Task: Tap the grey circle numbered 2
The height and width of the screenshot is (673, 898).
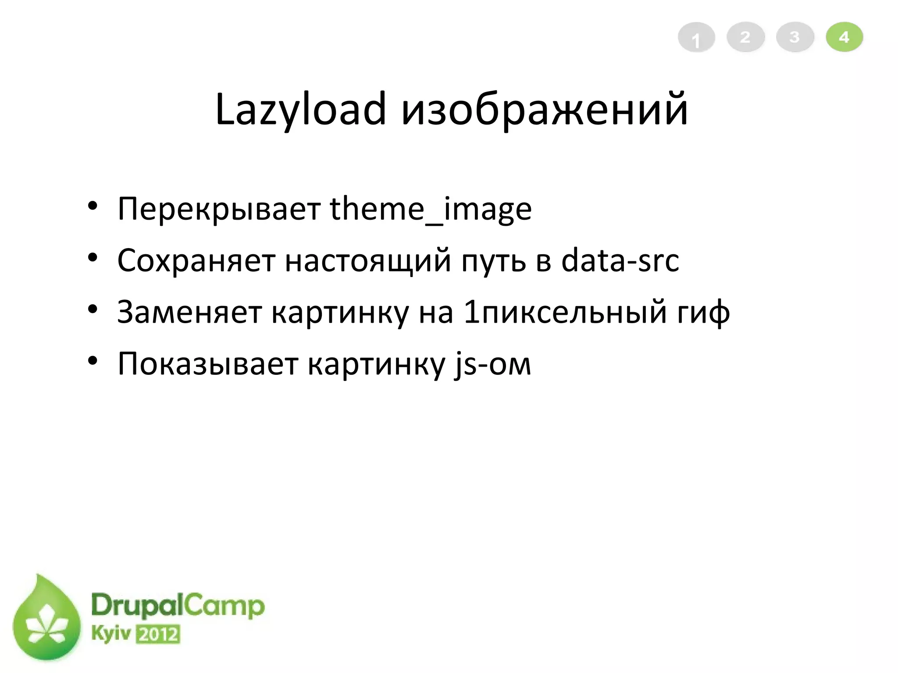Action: (745, 37)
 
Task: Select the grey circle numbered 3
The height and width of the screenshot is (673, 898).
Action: (795, 37)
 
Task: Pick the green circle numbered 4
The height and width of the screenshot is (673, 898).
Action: (845, 37)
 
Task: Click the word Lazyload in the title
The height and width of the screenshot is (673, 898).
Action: (300, 110)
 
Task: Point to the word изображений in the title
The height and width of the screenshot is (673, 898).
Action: (544, 110)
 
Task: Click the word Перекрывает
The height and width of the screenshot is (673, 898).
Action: (219, 209)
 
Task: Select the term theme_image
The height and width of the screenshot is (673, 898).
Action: (431, 209)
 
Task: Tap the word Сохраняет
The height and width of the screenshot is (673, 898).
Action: (196, 261)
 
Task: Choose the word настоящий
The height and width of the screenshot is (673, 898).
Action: (368, 261)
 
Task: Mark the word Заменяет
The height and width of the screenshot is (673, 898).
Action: (189, 312)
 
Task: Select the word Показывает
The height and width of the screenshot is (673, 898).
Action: (208, 364)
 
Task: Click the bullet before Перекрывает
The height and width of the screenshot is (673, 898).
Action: (92, 206)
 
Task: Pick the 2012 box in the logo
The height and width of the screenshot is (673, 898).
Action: (158, 634)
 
